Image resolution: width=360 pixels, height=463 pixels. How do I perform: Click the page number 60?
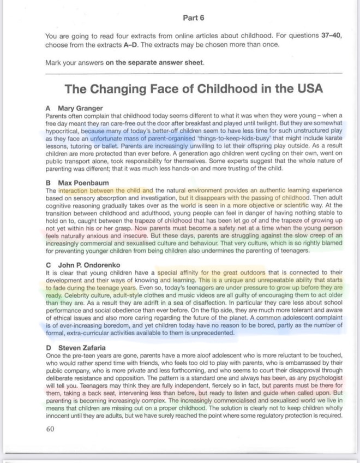pyautogui.click(x=50, y=429)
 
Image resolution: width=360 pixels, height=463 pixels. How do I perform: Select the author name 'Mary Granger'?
pyautogui.click(x=80, y=108)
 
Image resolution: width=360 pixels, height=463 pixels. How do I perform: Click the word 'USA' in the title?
pyautogui.click(x=306, y=89)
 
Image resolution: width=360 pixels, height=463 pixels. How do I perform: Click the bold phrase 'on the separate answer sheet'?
pyautogui.click(x=154, y=63)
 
